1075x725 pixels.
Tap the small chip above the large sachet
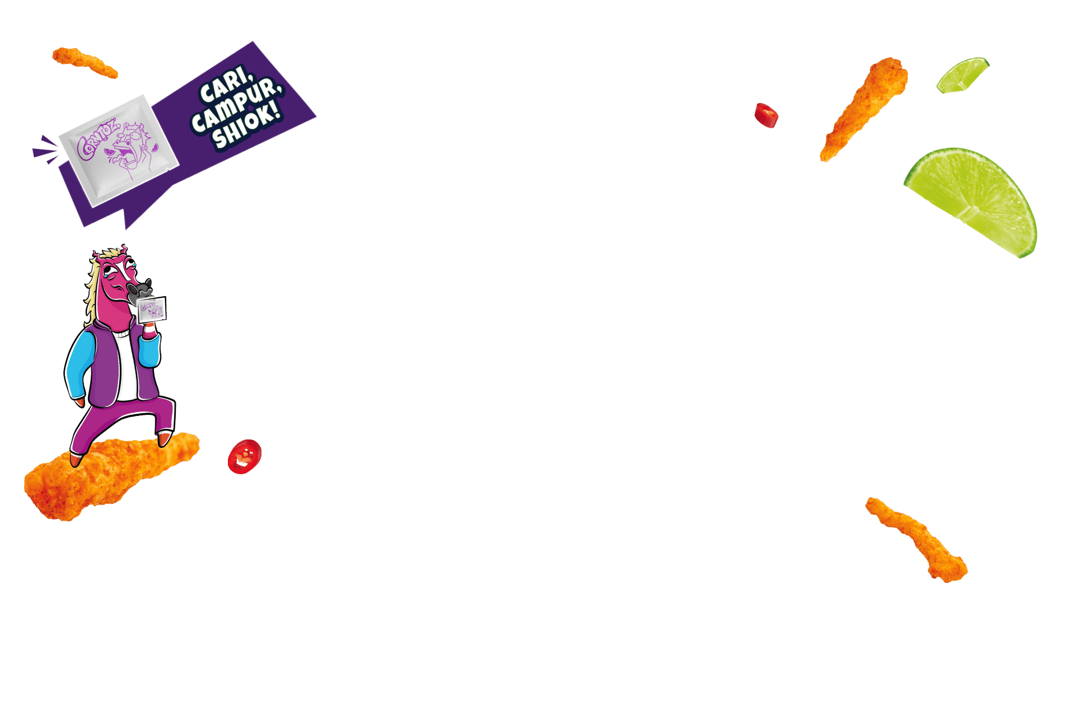coord(85,62)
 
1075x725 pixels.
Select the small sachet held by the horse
coord(152,308)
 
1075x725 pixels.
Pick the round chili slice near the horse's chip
coord(245,455)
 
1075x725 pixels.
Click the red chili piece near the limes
coord(766,115)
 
